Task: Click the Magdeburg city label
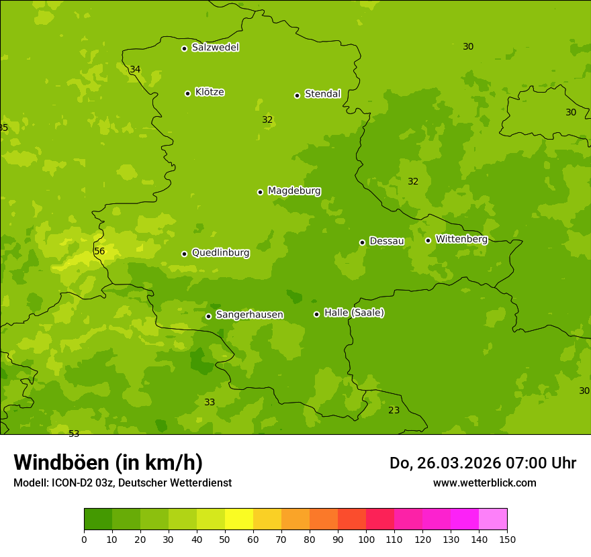294,191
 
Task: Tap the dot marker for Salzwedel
184,48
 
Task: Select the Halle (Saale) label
354,313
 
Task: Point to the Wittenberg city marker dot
428,240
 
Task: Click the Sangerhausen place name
249,315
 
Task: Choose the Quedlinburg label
220,253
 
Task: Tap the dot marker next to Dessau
362,242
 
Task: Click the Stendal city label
322,94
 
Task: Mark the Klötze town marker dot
187,93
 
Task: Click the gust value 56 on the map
99,252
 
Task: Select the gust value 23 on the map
394,410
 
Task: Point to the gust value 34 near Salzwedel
135,70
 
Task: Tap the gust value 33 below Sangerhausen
210,402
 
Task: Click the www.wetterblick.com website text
484,483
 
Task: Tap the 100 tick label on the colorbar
366,539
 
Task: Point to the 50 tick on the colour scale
225,539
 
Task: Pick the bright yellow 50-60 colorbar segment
239,519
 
